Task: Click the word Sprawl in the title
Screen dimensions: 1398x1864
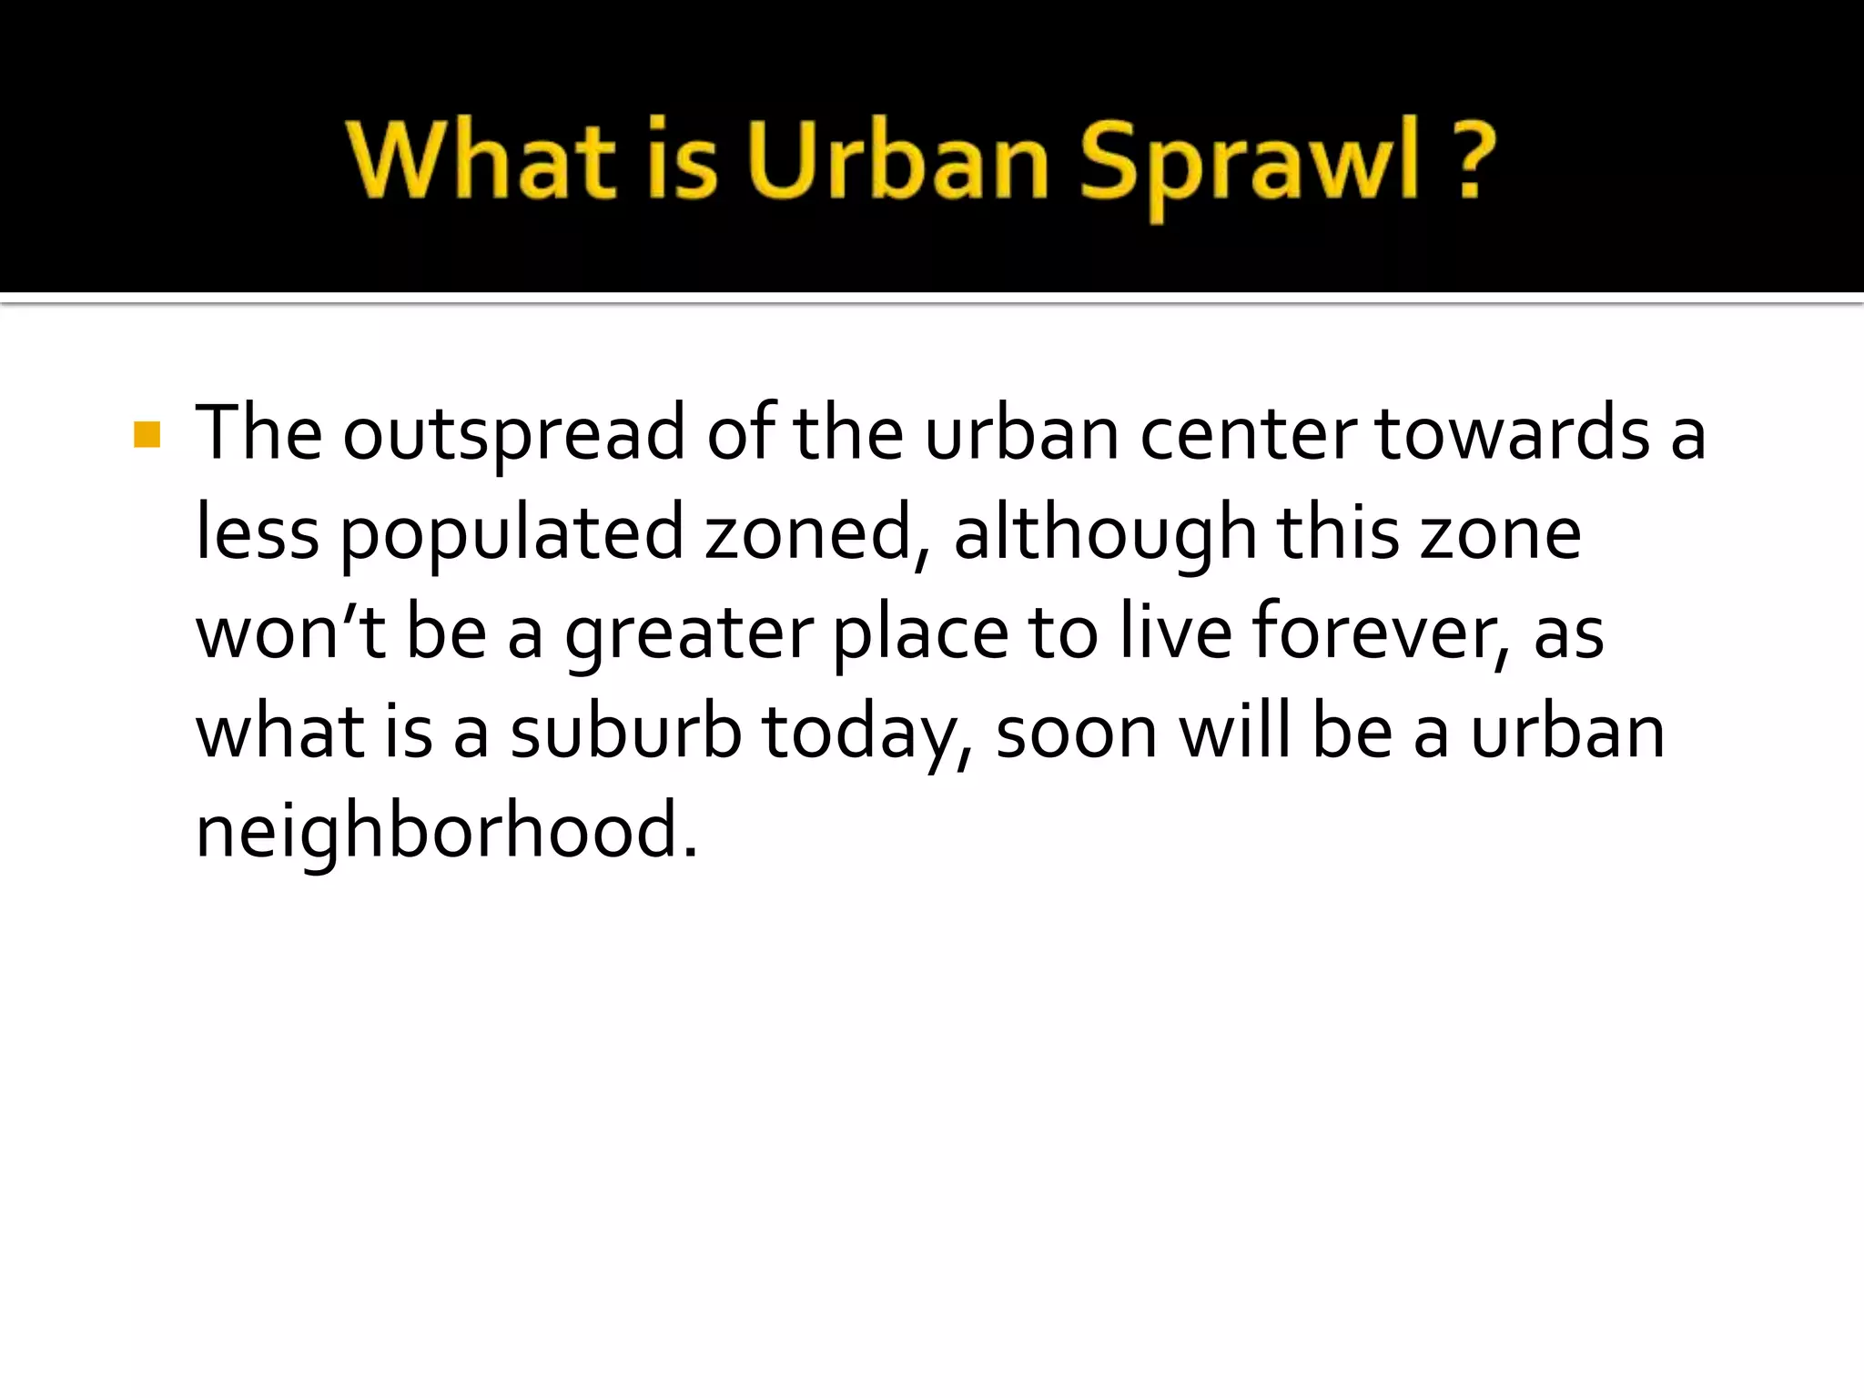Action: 1248,162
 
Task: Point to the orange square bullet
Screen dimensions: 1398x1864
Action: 147,435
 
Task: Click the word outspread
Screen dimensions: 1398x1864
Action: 513,435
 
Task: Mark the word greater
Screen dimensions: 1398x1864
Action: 689,635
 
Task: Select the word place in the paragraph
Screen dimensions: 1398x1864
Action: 920,635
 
